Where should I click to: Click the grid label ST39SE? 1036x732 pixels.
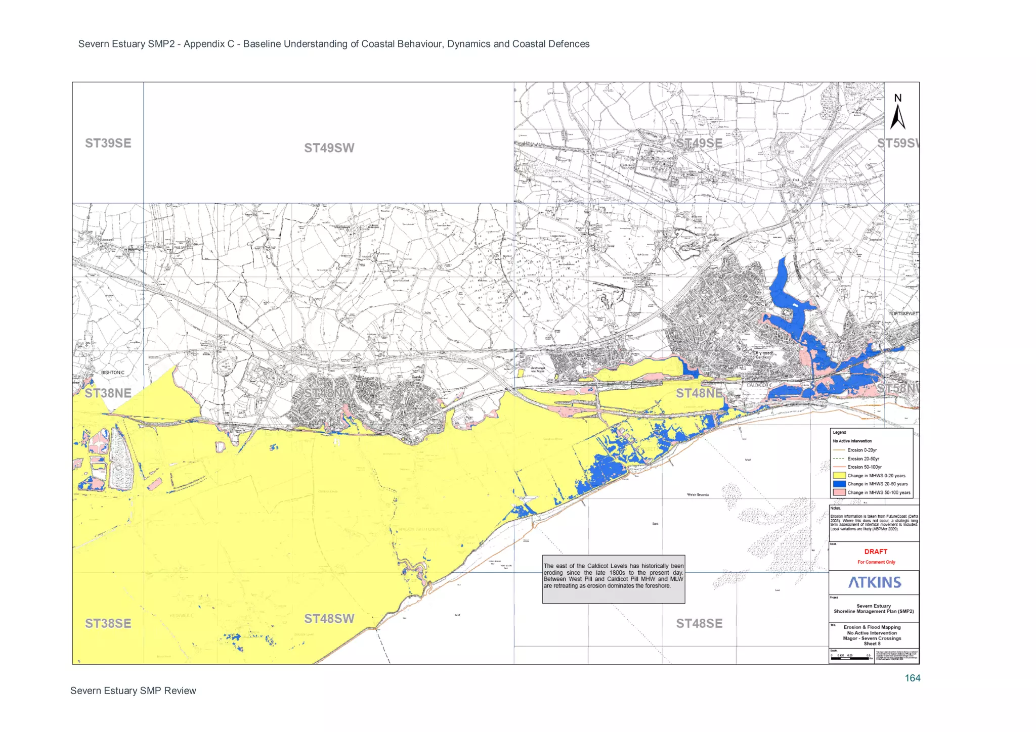pyautogui.click(x=108, y=143)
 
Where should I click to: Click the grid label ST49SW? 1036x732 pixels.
pyautogui.click(x=329, y=148)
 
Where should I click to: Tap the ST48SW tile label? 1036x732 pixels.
pyautogui.click(x=329, y=619)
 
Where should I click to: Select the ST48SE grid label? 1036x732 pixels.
pyautogui.click(x=699, y=623)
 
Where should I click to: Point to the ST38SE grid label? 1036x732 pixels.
pyautogui.click(x=108, y=623)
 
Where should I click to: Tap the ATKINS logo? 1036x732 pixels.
pyautogui.click(x=875, y=582)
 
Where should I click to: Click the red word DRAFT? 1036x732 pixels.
pyautogui.click(x=876, y=552)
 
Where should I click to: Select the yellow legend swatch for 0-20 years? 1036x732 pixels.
pyautogui.click(x=839, y=475)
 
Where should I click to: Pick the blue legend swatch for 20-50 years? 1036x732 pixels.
pyautogui.click(x=839, y=484)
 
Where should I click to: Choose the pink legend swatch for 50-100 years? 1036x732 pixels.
pyautogui.click(x=839, y=492)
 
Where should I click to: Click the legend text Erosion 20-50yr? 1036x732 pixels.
pyautogui.click(x=863, y=459)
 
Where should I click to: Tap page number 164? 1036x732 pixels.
pyautogui.click(x=912, y=678)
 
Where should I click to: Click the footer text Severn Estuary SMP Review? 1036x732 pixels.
pyautogui.click(x=133, y=691)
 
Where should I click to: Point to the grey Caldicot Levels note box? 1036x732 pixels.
pyautogui.click(x=613, y=579)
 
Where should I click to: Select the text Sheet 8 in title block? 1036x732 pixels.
pyautogui.click(x=872, y=644)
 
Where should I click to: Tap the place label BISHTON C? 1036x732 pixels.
pyautogui.click(x=112, y=373)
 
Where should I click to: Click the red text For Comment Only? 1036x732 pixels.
pyautogui.click(x=876, y=562)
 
